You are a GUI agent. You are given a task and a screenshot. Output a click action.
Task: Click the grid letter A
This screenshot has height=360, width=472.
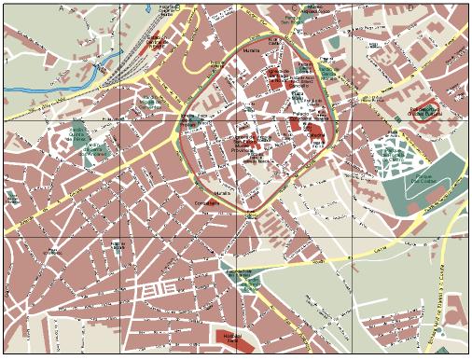coord(62,8)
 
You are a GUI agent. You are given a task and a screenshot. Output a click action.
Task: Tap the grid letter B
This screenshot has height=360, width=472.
coord(178,8)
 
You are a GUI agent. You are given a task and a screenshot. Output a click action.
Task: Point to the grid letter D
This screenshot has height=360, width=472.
coord(410,8)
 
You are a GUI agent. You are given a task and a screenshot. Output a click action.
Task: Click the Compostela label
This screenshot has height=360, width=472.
coord(207,202)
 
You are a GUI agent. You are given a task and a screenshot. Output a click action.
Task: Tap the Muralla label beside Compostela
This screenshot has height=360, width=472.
coord(222,193)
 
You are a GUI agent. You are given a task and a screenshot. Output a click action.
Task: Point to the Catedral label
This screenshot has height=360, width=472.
coord(317,134)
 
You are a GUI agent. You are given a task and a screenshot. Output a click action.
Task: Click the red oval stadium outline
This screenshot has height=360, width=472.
coord(424,113)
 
